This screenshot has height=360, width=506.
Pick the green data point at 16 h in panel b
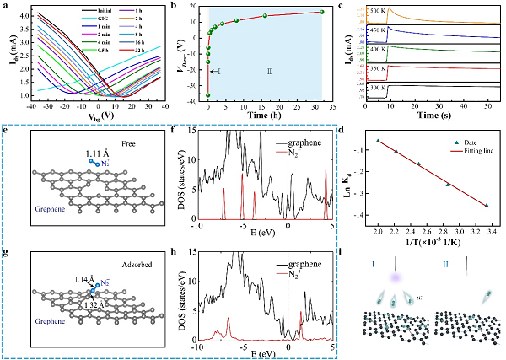tap(266, 15)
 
